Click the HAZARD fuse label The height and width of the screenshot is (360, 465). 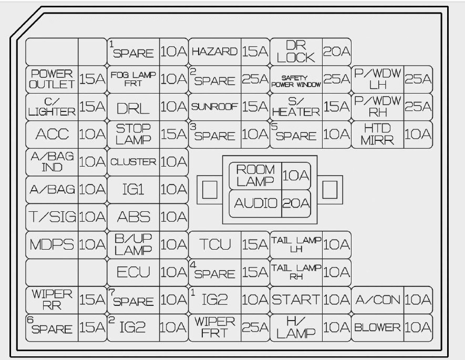pyautogui.click(x=215, y=52)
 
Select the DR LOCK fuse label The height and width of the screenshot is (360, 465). pyautogui.click(x=296, y=52)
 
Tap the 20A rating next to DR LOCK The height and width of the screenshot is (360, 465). pyautogui.click(x=337, y=52)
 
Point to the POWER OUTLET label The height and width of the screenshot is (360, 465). pyautogui.click(x=52, y=79)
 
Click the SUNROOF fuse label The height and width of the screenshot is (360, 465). pyautogui.click(x=215, y=107)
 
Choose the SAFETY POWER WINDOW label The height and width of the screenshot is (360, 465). pyautogui.click(x=296, y=81)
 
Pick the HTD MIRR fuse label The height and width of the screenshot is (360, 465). pyautogui.click(x=377, y=135)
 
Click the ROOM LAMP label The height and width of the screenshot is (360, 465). pyautogui.click(x=255, y=176)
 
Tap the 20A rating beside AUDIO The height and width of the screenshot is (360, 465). pyautogui.click(x=296, y=203)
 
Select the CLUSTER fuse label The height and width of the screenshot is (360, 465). pyautogui.click(x=133, y=162)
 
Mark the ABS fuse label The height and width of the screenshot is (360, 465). pyautogui.click(x=133, y=217)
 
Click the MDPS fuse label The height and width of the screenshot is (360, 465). pyautogui.click(x=52, y=245)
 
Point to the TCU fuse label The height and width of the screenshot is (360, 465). pyautogui.click(x=215, y=245)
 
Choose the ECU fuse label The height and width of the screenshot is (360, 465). pyautogui.click(x=133, y=272)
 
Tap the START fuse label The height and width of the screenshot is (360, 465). pyautogui.click(x=296, y=300)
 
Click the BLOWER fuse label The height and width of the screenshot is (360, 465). pyautogui.click(x=377, y=327)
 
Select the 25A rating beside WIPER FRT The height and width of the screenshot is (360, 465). pyautogui.click(x=255, y=327)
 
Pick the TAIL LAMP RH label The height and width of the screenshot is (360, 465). pyautogui.click(x=296, y=272)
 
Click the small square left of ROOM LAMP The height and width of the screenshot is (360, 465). pyautogui.click(x=210, y=190)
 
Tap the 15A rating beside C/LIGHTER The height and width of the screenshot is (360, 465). pyautogui.click(x=92, y=107)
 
